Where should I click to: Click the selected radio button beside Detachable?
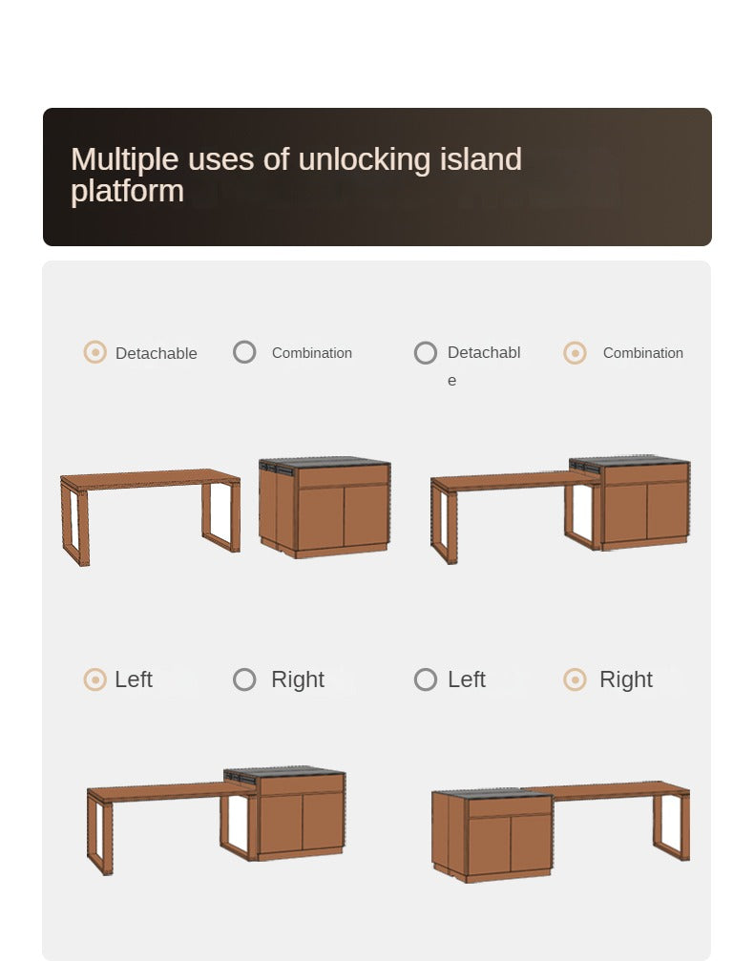(x=95, y=352)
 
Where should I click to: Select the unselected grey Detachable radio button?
(x=426, y=352)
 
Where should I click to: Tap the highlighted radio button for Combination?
(x=575, y=352)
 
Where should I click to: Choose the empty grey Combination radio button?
(x=244, y=352)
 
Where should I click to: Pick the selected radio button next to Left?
(x=95, y=679)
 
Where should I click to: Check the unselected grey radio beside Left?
(x=426, y=679)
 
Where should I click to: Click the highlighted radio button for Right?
(x=575, y=679)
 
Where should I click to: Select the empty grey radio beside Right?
(x=244, y=679)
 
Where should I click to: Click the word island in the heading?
(x=481, y=159)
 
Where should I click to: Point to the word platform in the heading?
(x=128, y=192)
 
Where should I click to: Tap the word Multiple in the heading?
(x=125, y=160)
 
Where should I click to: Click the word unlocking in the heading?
(x=365, y=160)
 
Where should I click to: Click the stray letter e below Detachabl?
(x=451, y=381)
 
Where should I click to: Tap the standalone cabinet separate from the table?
(x=325, y=508)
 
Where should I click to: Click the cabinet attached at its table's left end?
(x=492, y=836)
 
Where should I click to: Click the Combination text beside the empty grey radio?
(x=312, y=353)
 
